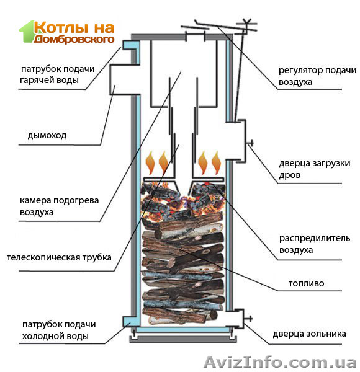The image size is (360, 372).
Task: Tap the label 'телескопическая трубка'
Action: coord(60,257)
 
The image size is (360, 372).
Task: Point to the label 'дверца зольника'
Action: coord(309,334)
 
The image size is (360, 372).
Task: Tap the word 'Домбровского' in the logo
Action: coord(74,38)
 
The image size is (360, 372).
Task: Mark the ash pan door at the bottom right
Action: coord(236,319)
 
